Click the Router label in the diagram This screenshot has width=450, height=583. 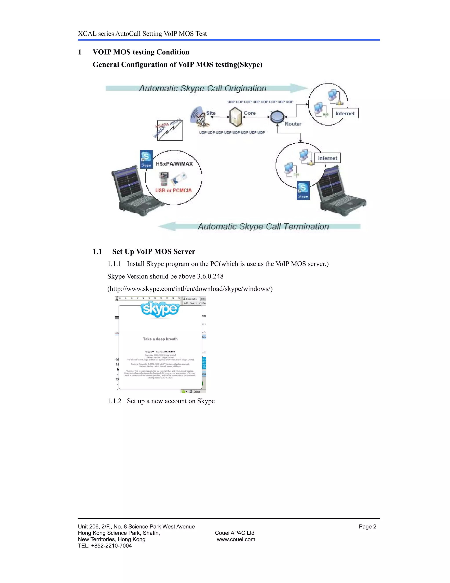coord(293,124)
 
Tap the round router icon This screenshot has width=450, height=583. coord(277,117)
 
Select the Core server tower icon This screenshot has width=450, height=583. coord(236,117)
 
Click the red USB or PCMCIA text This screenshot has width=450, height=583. coord(173,190)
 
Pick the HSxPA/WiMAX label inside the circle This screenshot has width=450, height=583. coord(174,164)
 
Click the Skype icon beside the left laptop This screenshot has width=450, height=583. coord(146,159)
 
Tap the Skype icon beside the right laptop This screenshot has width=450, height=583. coord(303,190)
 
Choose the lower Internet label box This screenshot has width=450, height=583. coord(327,158)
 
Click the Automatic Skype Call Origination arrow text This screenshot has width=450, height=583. coord(203,88)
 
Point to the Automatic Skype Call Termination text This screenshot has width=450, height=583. coord(263,227)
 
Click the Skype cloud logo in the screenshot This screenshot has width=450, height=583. coord(160,309)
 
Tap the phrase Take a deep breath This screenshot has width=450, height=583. coord(160,339)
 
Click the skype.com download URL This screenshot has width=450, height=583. coord(190,289)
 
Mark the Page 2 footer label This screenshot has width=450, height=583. coord(367,527)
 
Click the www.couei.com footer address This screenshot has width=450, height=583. coord(236,539)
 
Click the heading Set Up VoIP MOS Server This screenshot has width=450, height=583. coord(154,251)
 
